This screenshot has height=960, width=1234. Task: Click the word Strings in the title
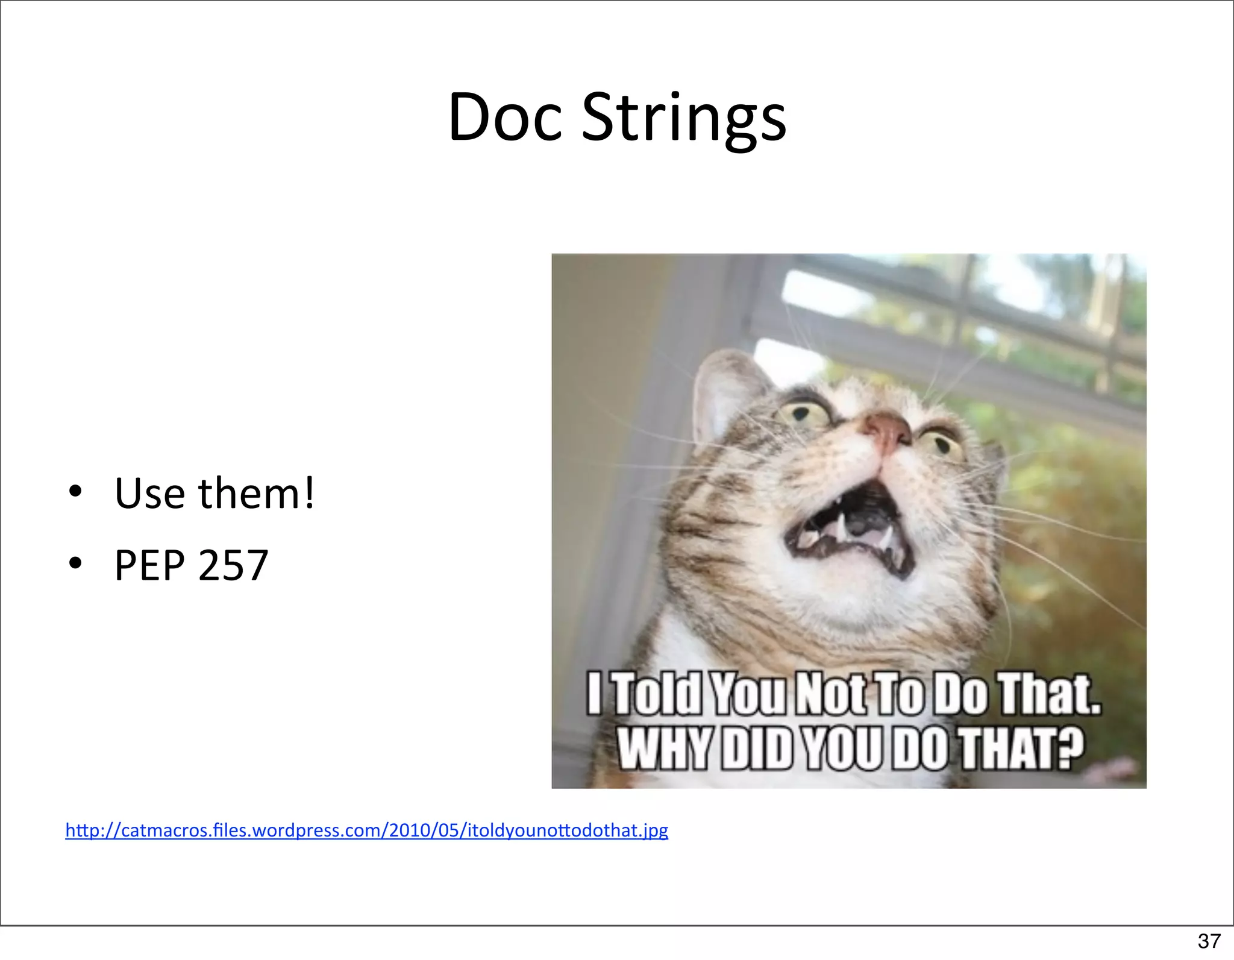pyautogui.click(x=684, y=119)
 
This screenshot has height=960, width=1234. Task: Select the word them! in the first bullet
pyautogui.click(x=256, y=494)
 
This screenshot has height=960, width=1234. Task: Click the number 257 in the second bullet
pyautogui.click(x=233, y=566)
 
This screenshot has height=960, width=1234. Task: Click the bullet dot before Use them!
pyautogui.click(x=75, y=492)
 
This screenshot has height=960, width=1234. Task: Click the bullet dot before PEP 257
pyautogui.click(x=75, y=563)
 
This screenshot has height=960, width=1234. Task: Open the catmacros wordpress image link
pyautogui.click(x=366, y=830)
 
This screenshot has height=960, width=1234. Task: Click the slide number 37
pyautogui.click(x=1209, y=941)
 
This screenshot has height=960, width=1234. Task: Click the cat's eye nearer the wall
pyautogui.click(x=803, y=413)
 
